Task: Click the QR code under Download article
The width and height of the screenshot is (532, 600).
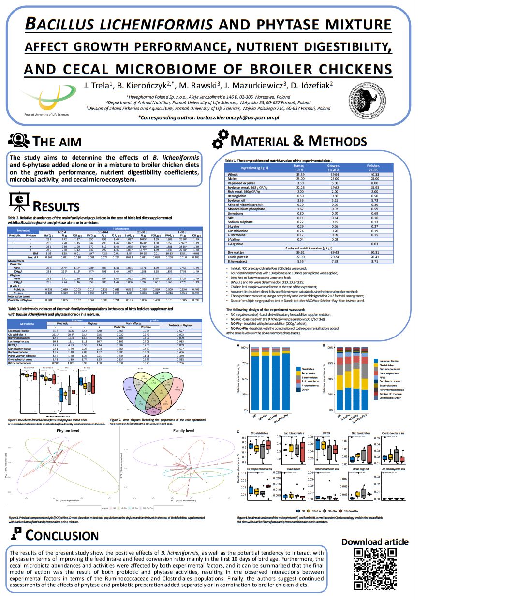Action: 375,569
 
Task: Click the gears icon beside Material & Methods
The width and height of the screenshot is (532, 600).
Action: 220,139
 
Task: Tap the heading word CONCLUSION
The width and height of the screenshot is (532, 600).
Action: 62,535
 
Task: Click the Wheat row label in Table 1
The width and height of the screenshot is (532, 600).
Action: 233,175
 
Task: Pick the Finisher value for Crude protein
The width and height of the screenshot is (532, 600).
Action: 374,257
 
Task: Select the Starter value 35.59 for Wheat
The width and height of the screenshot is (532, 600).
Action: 300,175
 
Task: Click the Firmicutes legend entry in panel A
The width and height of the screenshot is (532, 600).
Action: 308,369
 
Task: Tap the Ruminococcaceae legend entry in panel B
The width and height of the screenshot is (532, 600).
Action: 390,369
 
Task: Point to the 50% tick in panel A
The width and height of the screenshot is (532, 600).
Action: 244,379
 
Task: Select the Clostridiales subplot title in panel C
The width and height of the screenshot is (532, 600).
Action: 259,433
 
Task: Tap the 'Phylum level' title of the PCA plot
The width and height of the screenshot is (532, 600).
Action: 68,430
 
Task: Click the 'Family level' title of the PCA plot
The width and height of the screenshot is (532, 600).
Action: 183,430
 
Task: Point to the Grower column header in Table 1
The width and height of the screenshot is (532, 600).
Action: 333,168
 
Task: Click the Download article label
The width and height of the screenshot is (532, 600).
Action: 375,542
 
